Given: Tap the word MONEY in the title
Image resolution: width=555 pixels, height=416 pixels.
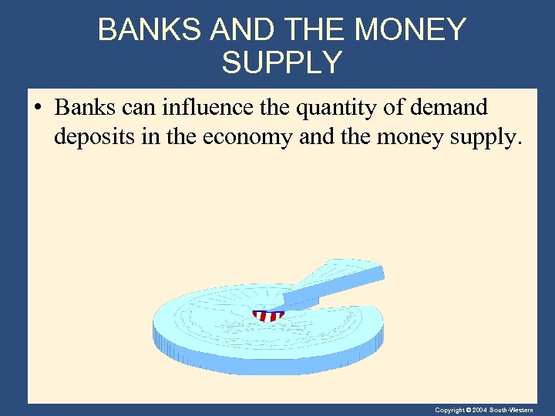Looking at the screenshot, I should (x=412, y=30).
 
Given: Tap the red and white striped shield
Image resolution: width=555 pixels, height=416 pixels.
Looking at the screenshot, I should (x=268, y=315).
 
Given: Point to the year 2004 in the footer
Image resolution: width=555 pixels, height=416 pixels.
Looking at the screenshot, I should (x=480, y=410).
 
